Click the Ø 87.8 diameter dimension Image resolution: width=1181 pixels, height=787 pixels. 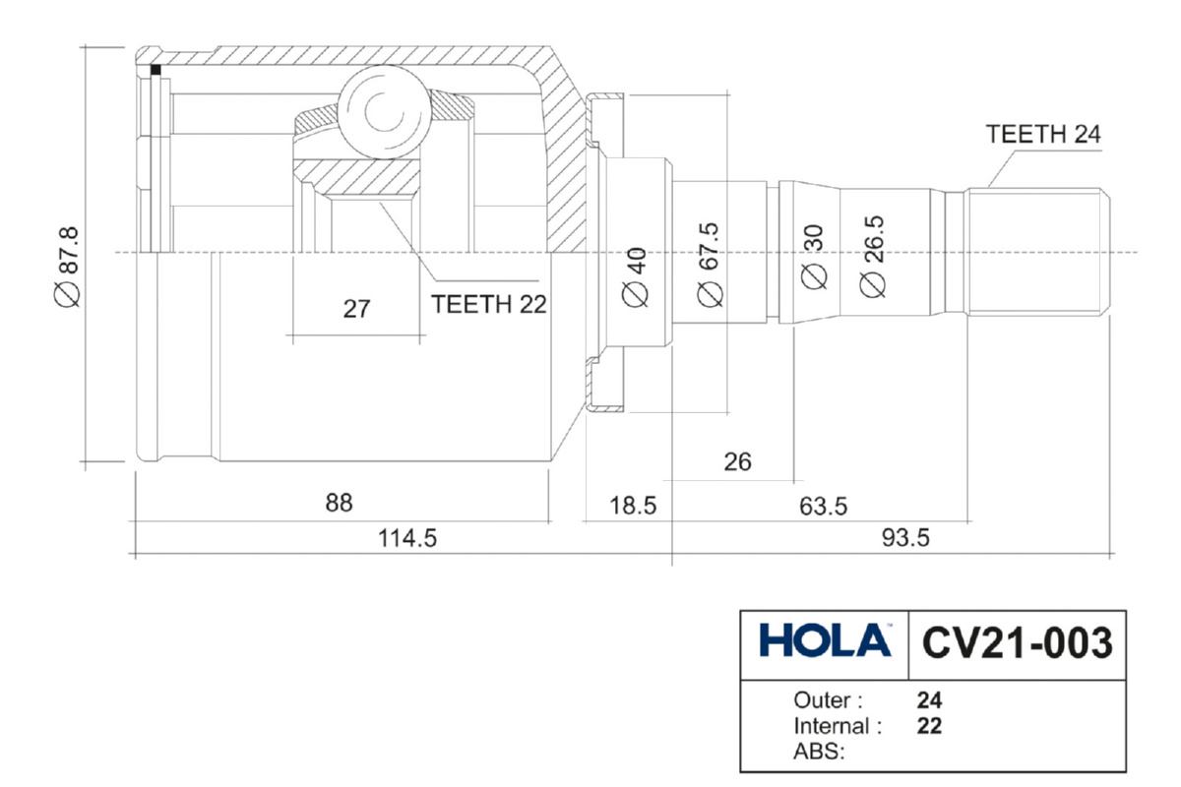(67, 266)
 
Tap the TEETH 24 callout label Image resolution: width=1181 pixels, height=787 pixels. (1043, 135)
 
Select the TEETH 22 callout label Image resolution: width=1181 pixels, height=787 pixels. (488, 304)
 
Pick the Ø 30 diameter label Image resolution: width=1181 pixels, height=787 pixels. (813, 258)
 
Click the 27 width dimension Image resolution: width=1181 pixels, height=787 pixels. (356, 309)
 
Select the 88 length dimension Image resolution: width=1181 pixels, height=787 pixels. (339, 502)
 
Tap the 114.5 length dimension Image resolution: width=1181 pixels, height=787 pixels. (404, 538)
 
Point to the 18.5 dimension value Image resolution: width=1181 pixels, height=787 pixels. (632, 507)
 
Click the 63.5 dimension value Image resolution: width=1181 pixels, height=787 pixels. (823, 507)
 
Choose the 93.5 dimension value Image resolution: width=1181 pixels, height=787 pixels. (903, 538)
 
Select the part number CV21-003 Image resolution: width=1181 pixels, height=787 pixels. (1018, 642)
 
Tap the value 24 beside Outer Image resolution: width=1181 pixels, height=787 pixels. (929, 701)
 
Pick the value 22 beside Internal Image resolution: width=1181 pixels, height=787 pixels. (929, 727)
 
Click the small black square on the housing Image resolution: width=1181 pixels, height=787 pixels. (155, 70)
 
